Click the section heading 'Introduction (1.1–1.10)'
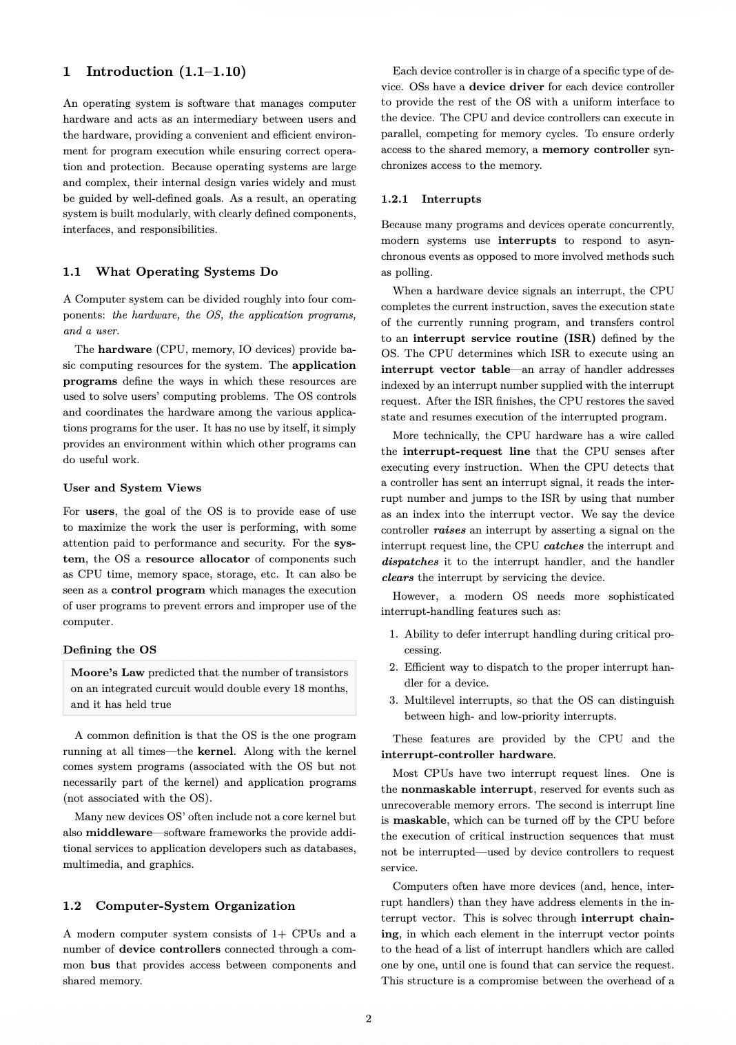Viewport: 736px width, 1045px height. [x=165, y=72]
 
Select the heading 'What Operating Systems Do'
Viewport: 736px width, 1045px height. [x=187, y=272]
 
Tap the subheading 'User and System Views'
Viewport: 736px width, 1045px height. [x=132, y=488]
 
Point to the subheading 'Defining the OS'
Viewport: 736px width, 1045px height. [x=110, y=650]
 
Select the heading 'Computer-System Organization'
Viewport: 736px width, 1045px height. [x=195, y=906]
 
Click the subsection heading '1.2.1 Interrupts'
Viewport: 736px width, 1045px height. [x=431, y=199]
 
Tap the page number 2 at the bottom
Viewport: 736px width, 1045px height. [x=368, y=1019]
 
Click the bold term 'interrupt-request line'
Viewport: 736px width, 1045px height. [x=466, y=452]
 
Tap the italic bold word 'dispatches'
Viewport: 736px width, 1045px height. [x=410, y=562]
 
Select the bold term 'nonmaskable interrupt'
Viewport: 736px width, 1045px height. [x=467, y=789]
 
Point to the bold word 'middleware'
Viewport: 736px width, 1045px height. [x=119, y=833]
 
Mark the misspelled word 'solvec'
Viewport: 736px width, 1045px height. [x=542, y=918]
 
